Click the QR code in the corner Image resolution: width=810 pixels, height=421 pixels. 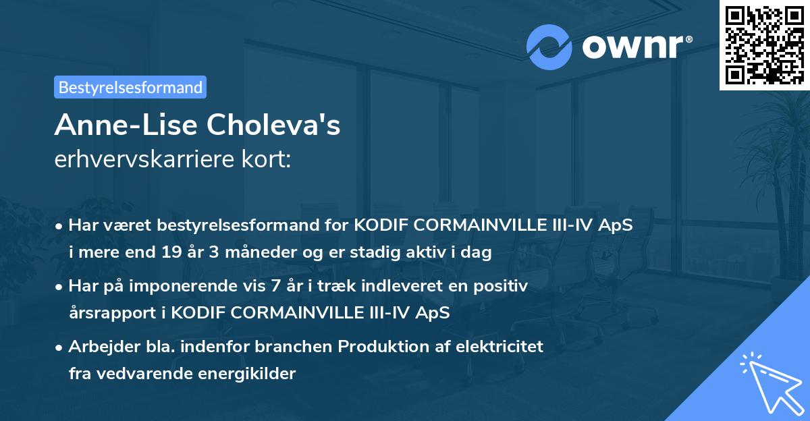coord(764,45)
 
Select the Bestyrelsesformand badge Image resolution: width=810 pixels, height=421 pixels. coord(130,87)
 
